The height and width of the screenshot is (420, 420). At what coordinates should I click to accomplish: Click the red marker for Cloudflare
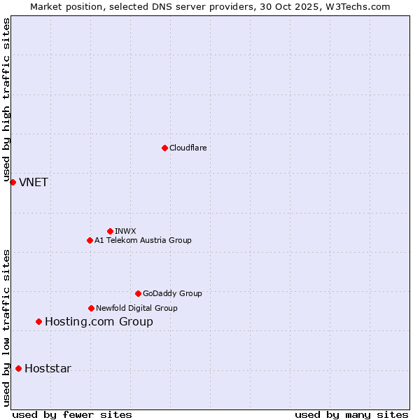(x=164, y=148)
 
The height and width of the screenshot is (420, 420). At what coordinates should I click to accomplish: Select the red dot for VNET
(x=13, y=182)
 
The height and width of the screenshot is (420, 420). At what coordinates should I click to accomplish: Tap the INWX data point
(x=110, y=231)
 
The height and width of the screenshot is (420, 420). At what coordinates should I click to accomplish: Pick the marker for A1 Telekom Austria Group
(x=90, y=240)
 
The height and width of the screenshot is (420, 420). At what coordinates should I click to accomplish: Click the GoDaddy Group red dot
(x=138, y=293)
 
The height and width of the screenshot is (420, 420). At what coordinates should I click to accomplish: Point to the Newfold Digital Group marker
(x=91, y=308)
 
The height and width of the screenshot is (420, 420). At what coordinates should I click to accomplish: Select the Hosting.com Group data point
(x=38, y=321)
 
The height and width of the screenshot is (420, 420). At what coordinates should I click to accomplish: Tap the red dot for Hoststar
(x=18, y=368)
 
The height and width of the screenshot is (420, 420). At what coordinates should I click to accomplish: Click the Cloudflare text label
(x=188, y=148)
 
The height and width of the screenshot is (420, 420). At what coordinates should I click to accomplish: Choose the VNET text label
(x=34, y=182)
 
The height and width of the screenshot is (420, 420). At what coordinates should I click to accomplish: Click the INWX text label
(x=125, y=231)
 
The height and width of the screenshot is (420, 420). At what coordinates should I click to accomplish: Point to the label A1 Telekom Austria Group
(x=143, y=240)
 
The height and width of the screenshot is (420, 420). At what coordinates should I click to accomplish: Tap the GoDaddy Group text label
(x=172, y=293)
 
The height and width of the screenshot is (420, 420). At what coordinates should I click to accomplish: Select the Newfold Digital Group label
(x=136, y=308)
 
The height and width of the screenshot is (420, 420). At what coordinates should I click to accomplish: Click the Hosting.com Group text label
(x=99, y=321)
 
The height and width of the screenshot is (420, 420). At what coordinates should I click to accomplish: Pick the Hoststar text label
(x=48, y=368)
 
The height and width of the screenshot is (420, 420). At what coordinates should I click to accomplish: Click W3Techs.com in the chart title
(x=361, y=6)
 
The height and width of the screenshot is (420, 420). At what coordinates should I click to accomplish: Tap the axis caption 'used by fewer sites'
(x=72, y=414)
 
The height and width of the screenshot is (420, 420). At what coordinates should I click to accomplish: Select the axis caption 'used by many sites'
(x=351, y=414)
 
